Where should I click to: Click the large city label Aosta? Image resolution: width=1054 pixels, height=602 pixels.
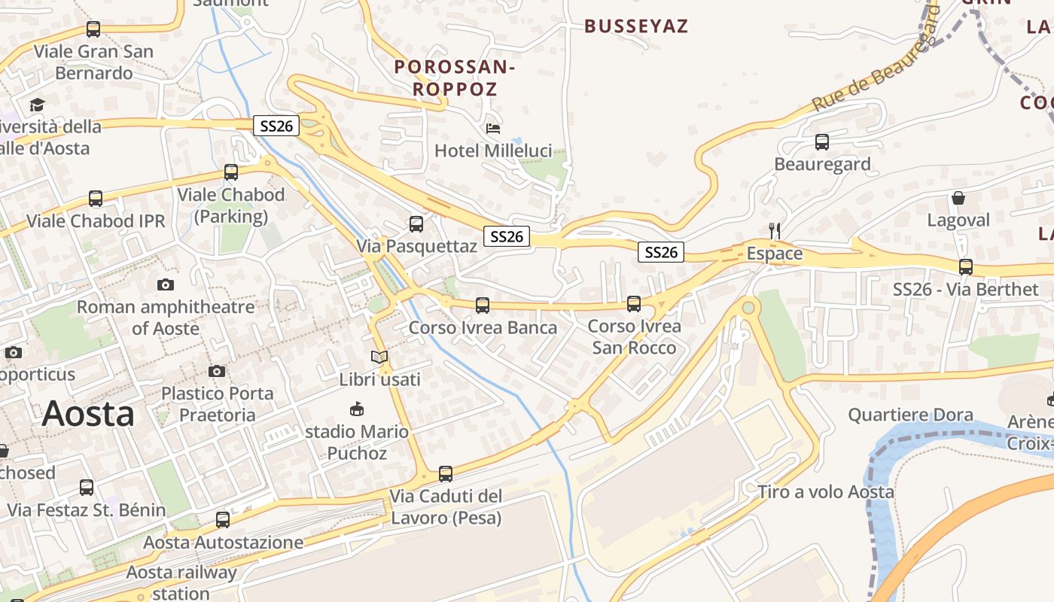pos(88,414)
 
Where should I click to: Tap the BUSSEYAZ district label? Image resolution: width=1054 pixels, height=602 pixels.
pos(636,26)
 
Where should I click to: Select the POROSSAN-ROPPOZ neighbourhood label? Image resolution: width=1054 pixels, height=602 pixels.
pos(454,78)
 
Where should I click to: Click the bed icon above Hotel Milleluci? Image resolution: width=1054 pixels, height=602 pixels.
pos(493,128)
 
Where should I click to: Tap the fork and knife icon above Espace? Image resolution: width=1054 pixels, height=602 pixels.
pos(775,230)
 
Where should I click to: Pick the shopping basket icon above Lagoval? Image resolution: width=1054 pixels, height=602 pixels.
pos(958,198)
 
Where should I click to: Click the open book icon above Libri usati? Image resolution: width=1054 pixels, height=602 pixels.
pos(379,357)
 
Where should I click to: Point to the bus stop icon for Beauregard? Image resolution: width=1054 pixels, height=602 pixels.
pos(822,141)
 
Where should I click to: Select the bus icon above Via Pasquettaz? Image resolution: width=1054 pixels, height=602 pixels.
pos(416,223)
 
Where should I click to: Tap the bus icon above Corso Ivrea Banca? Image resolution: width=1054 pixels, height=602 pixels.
pos(483,305)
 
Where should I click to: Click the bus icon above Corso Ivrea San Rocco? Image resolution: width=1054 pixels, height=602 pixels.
pos(634,303)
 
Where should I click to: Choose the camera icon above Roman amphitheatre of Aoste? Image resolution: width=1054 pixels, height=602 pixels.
pos(166,284)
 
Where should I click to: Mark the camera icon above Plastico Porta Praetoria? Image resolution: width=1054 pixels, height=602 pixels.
pos(217,371)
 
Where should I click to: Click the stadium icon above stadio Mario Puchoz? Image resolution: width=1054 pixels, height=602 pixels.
pos(357,409)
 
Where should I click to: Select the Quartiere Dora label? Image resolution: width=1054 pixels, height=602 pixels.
pos(910,415)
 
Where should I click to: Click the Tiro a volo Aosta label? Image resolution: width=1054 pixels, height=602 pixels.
pos(826,492)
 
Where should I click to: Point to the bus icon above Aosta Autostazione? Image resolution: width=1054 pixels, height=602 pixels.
pos(223,519)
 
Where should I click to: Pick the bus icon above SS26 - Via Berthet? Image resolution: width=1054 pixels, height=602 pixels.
pos(965,266)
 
